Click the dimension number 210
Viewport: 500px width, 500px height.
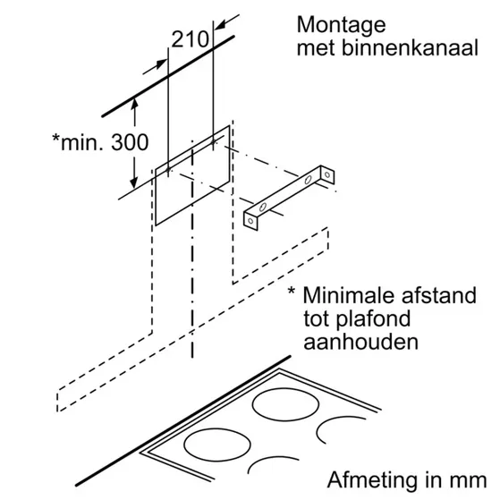click(190, 39)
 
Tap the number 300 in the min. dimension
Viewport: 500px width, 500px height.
click(130, 142)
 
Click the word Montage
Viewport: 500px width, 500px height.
click(341, 26)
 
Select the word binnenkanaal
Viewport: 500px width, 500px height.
click(410, 48)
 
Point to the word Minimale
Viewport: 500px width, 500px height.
click(349, 295)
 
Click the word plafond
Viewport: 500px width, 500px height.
click(373, 319)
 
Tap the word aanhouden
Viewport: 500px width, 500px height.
click(360, 343)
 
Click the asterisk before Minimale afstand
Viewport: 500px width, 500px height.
click(292, 291)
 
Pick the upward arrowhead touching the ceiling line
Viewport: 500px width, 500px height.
click(134, 104)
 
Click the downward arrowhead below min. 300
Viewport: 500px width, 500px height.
click(134, 182)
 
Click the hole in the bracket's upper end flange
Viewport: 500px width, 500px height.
click(327, 174)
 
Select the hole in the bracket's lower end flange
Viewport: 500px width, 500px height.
click(251, 221)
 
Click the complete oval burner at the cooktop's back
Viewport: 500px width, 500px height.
click(285, 404)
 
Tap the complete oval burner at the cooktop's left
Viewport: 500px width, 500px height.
click(217, 445)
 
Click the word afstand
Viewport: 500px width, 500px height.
click(439, 295)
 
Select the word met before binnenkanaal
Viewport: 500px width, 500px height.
click(317, 49)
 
